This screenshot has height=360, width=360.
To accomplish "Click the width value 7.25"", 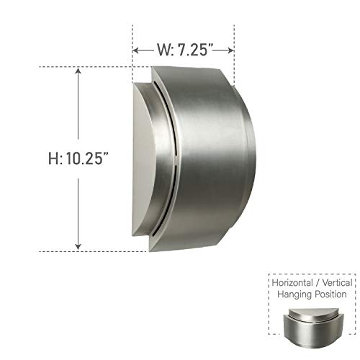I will tap(197, 50).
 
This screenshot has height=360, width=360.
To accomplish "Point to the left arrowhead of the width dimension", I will tap(136, 50).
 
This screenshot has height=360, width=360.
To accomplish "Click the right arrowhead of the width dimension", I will tap(231, 50).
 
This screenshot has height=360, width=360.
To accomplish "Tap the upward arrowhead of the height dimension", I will tap(77, 71).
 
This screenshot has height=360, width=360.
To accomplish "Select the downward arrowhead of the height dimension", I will tap(77, 247).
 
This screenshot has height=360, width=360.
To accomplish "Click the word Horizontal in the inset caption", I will tap(294, 283).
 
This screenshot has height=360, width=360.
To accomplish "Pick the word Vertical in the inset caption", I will tap(337, 283).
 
